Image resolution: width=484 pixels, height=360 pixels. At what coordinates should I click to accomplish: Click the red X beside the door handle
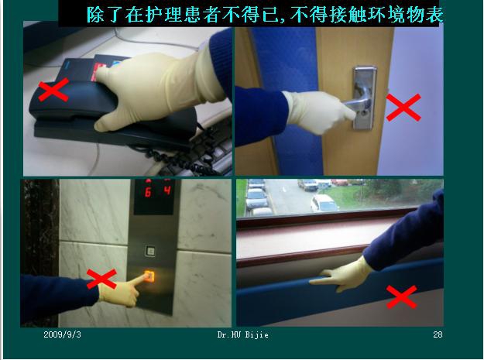[x=403, y=108]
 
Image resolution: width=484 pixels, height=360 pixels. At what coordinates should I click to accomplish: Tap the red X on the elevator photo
[x=101, y=279]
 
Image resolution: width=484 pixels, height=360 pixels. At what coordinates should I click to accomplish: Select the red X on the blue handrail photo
[x=401, y=296]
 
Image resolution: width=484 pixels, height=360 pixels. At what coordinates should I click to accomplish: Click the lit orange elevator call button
[x=150, y=276]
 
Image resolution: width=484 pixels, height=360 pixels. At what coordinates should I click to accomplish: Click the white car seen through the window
[x=323, y=204]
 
